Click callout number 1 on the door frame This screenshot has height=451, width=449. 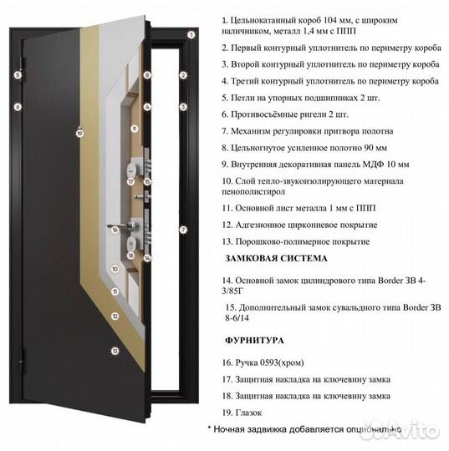point(191,35)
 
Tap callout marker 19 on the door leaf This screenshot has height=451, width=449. point(79,132)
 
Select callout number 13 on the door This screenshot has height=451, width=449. point(115,352)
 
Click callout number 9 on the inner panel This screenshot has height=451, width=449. point(134,129)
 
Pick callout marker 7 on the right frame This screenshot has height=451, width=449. point(182,229)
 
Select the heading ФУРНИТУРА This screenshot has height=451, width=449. point(255,341)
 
